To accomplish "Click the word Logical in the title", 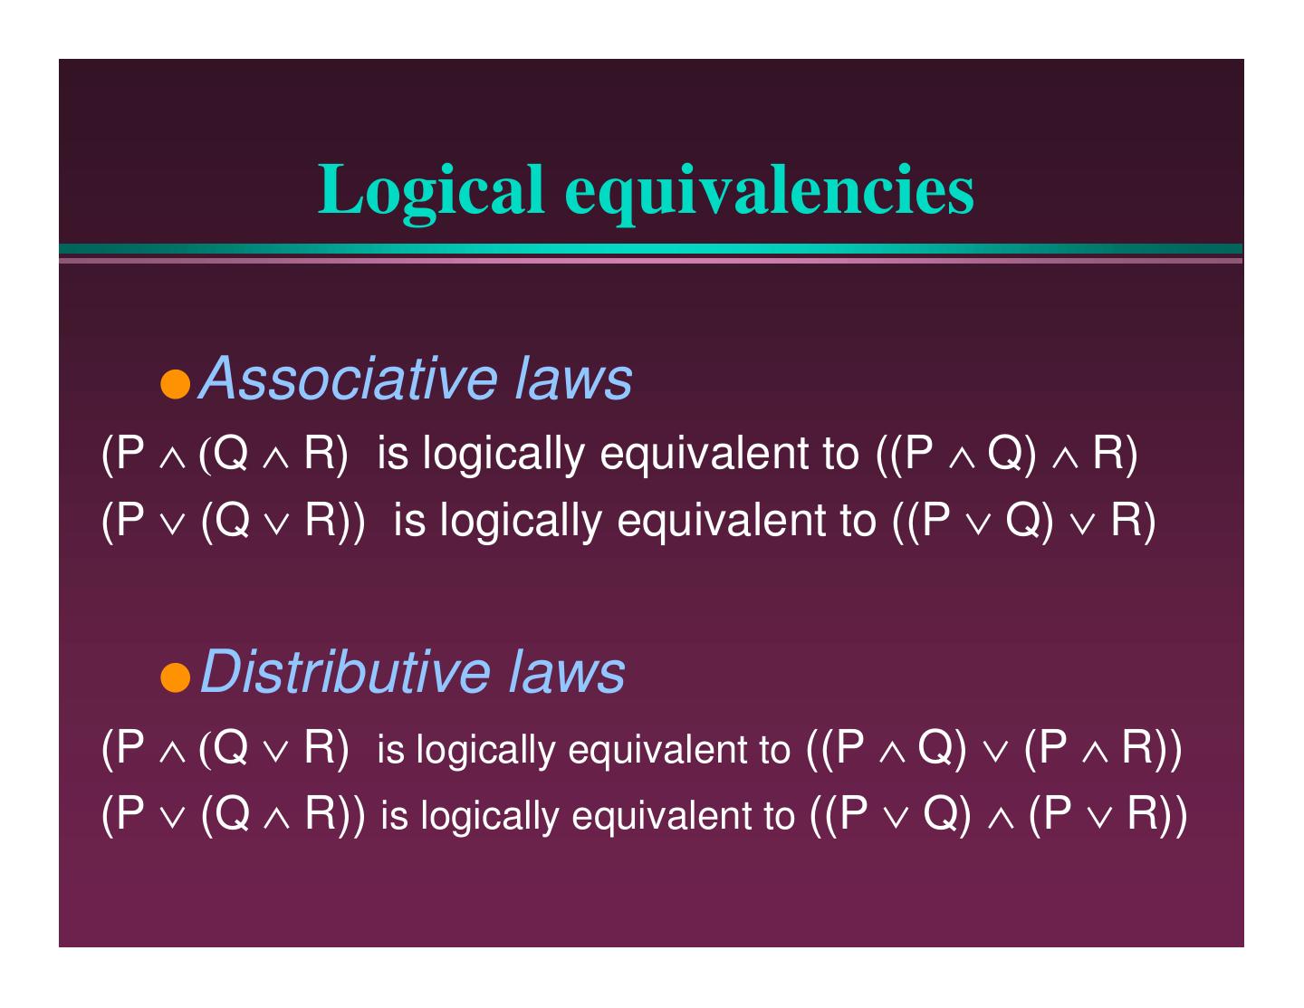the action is pyautogui.click(x=431, y=190).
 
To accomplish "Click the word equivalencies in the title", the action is pyautogui.click(x=770, y=190).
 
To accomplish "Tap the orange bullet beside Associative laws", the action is pyautogui.click(x=177, y=384).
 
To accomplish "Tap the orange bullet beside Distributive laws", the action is pyautogui.click(x=177, y=677).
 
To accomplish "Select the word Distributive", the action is pyautogui.click(x=345, y=671).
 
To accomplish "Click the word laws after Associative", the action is pyautogui.click(x=573, y=378).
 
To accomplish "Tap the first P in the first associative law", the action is pyautogui.click(x=131, y=454).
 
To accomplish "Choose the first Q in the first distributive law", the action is pyautogui.click(x=232, y=748).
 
